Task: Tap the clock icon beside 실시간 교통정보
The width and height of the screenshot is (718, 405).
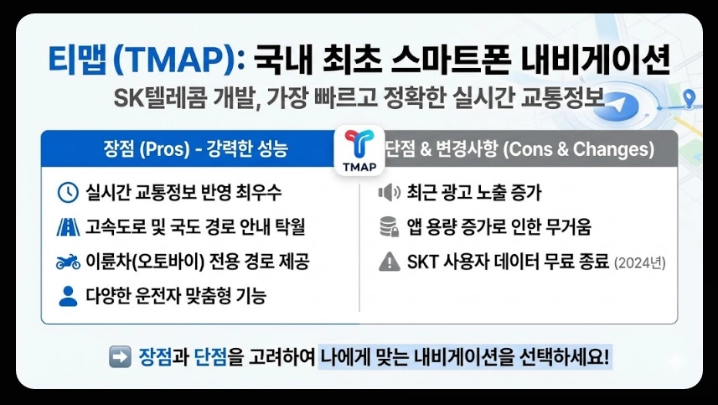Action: [67, 192]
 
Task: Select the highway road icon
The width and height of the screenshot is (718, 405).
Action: [67, 226]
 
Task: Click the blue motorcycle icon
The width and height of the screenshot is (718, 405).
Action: [67, 262]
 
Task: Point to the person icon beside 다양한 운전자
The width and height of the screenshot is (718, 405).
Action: [67, 295]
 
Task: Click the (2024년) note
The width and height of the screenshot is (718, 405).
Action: [639, 263]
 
